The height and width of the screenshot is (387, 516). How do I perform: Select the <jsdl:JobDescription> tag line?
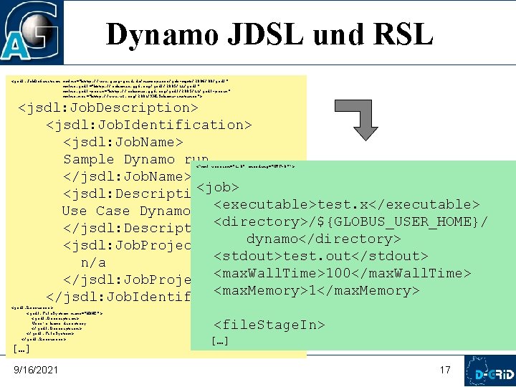tap(108, 108)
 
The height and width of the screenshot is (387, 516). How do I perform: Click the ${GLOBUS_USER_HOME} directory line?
tap(351, 222)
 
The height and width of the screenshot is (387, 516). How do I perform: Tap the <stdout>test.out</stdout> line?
tap(320, 257)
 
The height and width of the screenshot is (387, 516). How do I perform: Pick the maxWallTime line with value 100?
tap(342, 274)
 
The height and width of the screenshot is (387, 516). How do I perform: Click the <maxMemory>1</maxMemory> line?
tap(316, 291)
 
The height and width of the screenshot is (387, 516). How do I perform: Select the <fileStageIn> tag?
tap(269, 325)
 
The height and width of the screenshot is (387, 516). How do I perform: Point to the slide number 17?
tap(445, 370)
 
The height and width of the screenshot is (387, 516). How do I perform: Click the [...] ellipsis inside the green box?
tap(220, 341)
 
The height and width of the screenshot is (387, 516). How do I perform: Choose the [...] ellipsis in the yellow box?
tap(21, 349)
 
